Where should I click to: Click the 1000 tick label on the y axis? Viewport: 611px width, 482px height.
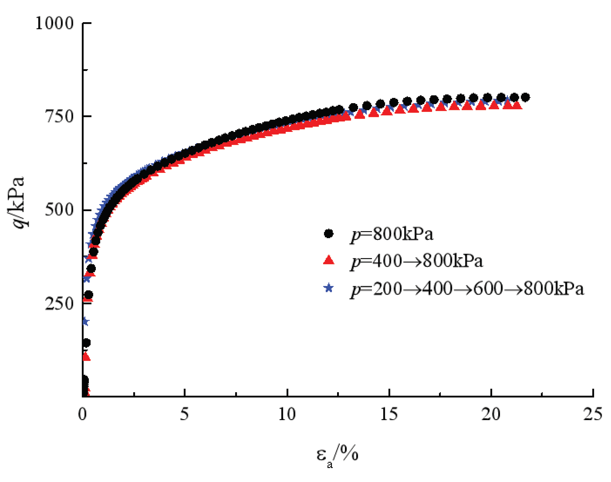coord(54,23)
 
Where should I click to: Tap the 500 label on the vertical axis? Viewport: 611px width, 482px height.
coord(59,210)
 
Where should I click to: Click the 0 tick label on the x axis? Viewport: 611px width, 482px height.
coord(82,414)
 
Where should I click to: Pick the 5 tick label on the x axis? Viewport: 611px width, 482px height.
coord(185,414)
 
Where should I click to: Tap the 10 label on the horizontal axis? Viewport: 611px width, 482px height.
coord(287,414)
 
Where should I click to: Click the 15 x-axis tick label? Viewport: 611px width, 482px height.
coord(389,414)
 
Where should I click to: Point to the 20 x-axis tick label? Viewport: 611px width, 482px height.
coord(491,414)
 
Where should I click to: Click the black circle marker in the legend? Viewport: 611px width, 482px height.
coord(328,234)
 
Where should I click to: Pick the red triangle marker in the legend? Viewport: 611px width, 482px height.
coord(328,260)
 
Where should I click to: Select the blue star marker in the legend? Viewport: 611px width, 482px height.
coord(328,288)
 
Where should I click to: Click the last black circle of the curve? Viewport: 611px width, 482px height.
coord(525,97)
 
